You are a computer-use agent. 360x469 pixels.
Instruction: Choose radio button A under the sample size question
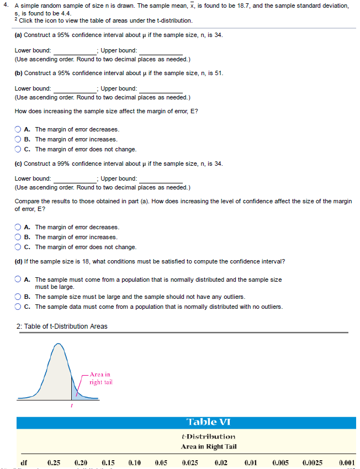tap(18, 130)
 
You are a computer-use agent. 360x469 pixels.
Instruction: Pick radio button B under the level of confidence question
tap(18, 238)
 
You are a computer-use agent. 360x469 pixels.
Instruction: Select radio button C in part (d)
tap(18, 307)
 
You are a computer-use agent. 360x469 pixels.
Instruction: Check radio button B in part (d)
tap(18, 297)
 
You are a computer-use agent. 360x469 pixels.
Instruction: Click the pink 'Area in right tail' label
tap(100, 378)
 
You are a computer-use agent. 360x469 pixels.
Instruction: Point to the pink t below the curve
tap(71, 407)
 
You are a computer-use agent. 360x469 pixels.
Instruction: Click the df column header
tap(24, 462)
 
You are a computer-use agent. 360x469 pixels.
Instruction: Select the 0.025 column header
tap(190, 462)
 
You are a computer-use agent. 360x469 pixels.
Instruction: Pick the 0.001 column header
tap(347, 462)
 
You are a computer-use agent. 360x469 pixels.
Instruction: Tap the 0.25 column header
tap(54, 462)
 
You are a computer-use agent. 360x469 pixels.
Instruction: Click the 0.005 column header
tap(280, 462)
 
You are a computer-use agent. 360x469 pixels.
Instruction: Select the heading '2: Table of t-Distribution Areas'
tap(62, 326)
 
